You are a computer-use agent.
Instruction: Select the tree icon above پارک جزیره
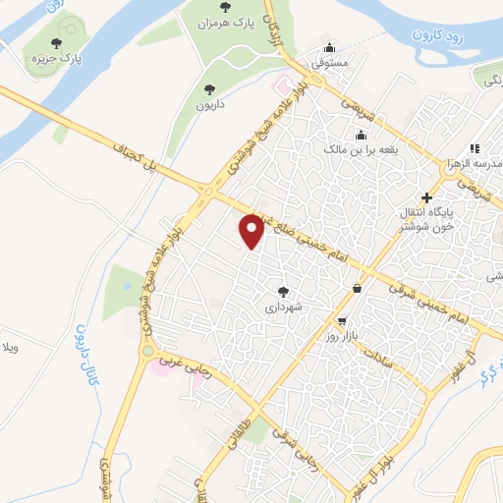(x=56, y=44)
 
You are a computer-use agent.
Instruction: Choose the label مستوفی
(x=331, y=62)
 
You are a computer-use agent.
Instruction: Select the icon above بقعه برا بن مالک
(x=362, y=135)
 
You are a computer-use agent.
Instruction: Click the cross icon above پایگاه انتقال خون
(x=425, y=196)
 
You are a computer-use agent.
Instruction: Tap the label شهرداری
(x=284, y=307)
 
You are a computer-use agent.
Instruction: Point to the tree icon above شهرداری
(x=284, y=291)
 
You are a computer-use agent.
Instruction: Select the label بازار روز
(x=346, y=337)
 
